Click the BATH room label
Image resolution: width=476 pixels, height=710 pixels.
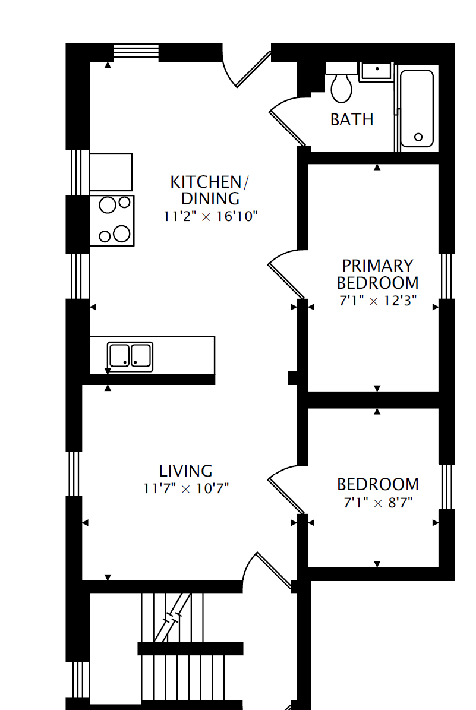point(352,119)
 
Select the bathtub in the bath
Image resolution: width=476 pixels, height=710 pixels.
point(417,108)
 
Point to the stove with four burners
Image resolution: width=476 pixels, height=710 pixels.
point(112,220)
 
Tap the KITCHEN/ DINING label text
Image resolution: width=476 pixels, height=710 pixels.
point(206,190)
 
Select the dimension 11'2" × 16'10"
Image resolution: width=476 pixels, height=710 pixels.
point(210,216)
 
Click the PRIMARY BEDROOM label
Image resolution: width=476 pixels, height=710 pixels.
point(377,274)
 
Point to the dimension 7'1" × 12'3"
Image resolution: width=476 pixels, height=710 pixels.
point(377,301)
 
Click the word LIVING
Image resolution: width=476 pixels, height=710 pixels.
point(185,471)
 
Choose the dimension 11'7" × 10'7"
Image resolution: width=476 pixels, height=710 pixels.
point(186,489)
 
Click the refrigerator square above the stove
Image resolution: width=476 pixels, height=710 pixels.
point(111,173)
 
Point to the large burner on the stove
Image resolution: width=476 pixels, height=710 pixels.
point(122,233)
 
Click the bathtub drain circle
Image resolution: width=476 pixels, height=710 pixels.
point(418,137)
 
